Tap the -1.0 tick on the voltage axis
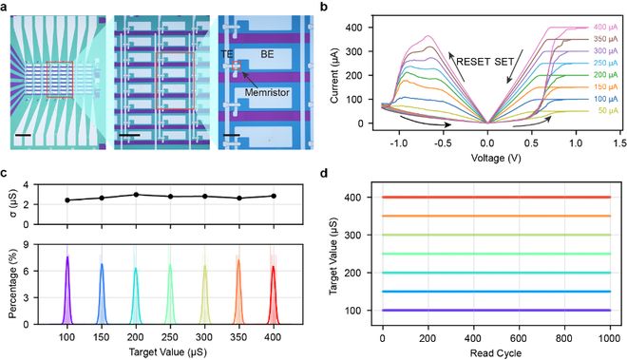395,145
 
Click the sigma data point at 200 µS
136,194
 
